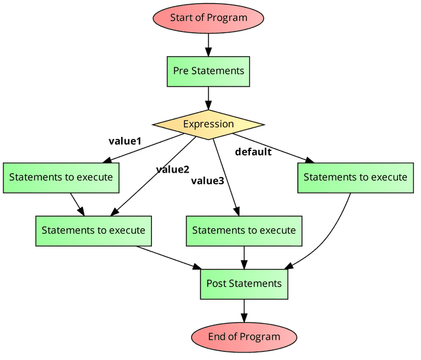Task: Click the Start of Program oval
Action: pos(208,18)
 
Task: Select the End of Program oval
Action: pos(244,336)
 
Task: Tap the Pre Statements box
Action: pos(208,71)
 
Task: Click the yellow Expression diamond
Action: pos(208,124)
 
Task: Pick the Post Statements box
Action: pos(244,284)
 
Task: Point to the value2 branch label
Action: pos(172,169)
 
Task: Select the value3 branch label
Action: pos(207,181)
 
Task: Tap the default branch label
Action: pos(253,152)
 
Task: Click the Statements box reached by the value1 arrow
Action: pos(61,177)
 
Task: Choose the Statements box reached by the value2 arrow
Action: pos(93,230)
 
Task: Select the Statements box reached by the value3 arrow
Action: pos(244,230)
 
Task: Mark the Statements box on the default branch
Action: pos(355,177)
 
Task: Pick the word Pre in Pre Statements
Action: pos(181,71)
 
